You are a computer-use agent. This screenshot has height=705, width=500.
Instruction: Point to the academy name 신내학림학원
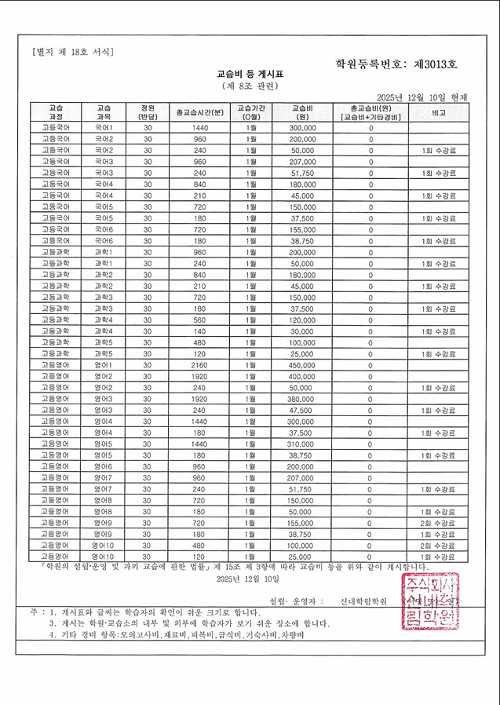(359, 601)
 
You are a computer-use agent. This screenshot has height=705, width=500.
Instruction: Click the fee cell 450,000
(302, 364)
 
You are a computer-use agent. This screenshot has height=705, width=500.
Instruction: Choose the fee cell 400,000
(302, 376)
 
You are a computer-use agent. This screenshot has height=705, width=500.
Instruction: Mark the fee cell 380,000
(302, 398)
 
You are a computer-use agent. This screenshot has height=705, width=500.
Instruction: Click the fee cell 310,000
(302, 444)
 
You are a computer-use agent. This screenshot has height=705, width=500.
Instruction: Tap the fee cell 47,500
(302, 410)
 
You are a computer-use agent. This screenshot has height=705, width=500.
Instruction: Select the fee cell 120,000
(302, 320)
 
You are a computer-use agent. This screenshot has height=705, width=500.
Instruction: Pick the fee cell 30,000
(302, 331)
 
